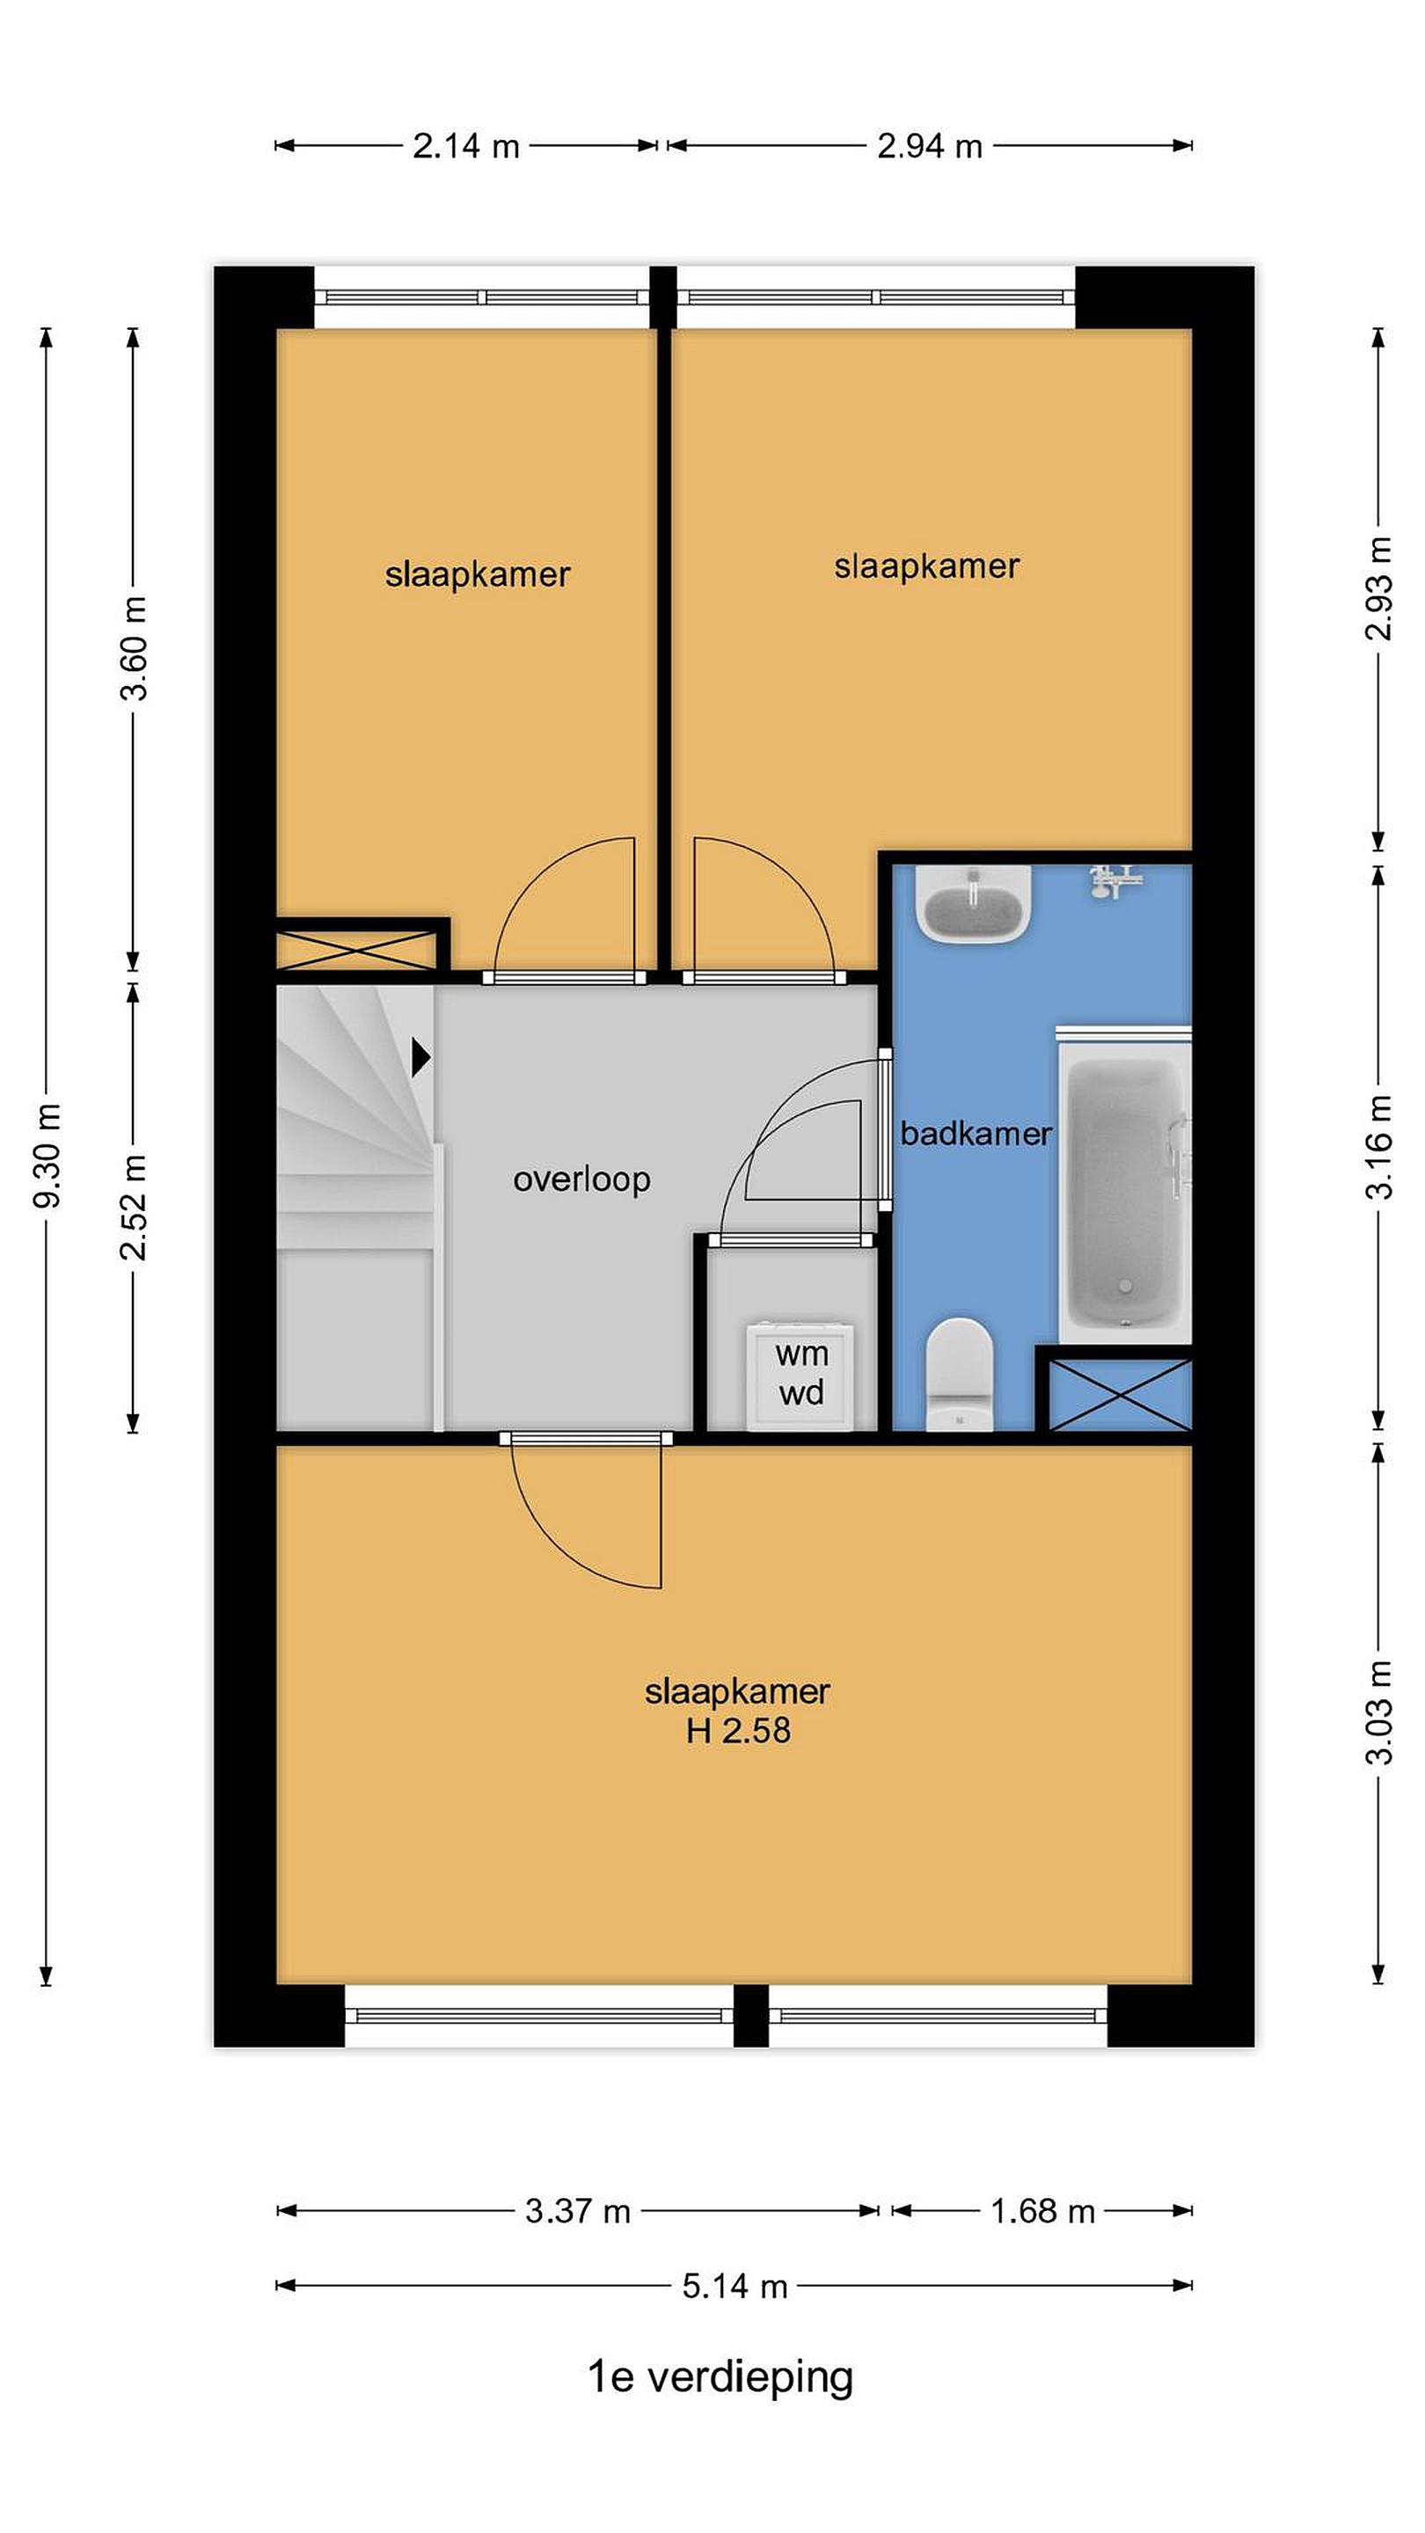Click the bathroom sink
tap(973, 902)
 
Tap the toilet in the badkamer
tap(959, 1375)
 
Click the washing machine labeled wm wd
tap(800, 1376)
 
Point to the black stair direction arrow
tap(421, 1058)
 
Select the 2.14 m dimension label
tap(465, 147)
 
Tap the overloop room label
tap(581, 1179)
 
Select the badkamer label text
tap(976, 1134)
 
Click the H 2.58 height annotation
tap(738, 1758)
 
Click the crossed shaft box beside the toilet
tap(1120, 1394)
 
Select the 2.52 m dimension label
tap(133, 1208)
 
